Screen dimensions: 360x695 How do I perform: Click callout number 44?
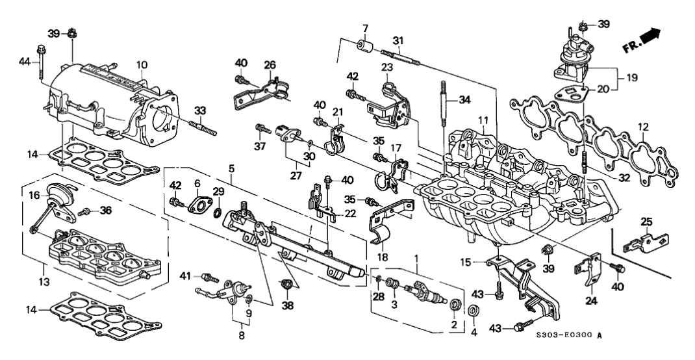point(25,61)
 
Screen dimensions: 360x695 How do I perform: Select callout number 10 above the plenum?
point(142,66)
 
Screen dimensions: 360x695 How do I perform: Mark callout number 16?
point(36,194)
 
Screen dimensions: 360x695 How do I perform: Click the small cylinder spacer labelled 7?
point(365,49)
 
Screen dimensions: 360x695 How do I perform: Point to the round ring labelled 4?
point(474,309)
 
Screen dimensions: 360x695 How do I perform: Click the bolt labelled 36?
point(84,211)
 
